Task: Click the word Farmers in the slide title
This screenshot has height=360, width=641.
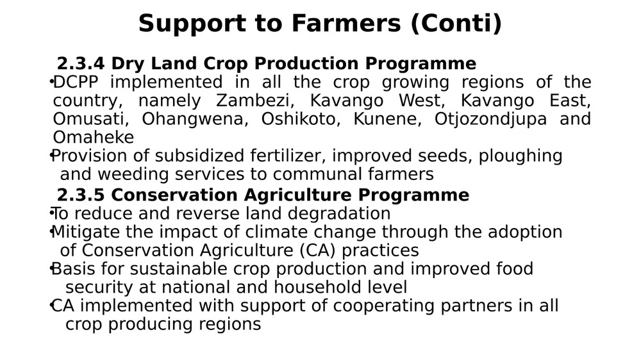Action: pyautogui.click(x=346, y=23)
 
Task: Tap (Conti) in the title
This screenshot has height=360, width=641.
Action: pyautogui.click(x=456, y=24)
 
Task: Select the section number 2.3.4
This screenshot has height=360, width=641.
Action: pyautogui.click(x=81, y=64)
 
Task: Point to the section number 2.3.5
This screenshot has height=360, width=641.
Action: pyautogui.click(x=81, y=195)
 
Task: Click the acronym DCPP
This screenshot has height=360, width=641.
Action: pyautogui.click(x=76, y=82)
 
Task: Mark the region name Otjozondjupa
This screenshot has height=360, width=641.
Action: pyautogui.click(x=490, y=120)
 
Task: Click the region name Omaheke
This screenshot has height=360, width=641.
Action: pyautogui.click(x=94, y=138)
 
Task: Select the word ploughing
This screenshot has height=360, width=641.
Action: pyautogui.click(x=520, y=156)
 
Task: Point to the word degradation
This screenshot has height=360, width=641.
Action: pyautogui.click(x=339, y=214)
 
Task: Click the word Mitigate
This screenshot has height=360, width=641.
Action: pyautogui.click(x=86, y=232)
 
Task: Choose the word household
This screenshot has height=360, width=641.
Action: pyautogui.click(x=318, y=287)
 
